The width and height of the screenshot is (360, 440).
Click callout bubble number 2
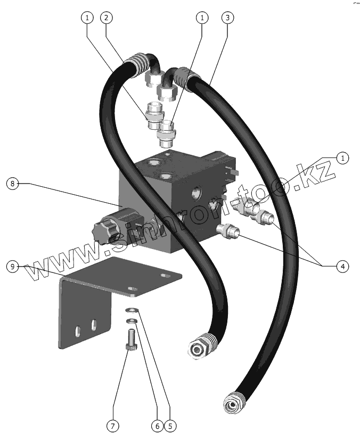click(x=108, y=18)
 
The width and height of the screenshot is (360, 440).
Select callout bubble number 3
click(x=227, y=18)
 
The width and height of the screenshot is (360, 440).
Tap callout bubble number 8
click(x=13, y=184)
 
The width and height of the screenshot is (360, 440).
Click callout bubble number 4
click(x=342, y=266)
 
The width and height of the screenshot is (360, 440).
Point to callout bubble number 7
click(x=113, y=426)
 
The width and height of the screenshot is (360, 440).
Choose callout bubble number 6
click(x=157, y=426)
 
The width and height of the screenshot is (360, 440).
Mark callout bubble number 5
click(x=170, y=426)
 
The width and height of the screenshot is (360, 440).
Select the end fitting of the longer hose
click(x=233, y=404)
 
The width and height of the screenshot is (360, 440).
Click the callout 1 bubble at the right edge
click(x=342, y=158)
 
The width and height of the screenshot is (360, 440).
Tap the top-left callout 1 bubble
click(x=87, y=18)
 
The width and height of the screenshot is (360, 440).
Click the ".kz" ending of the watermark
click(x=314, y=171)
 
